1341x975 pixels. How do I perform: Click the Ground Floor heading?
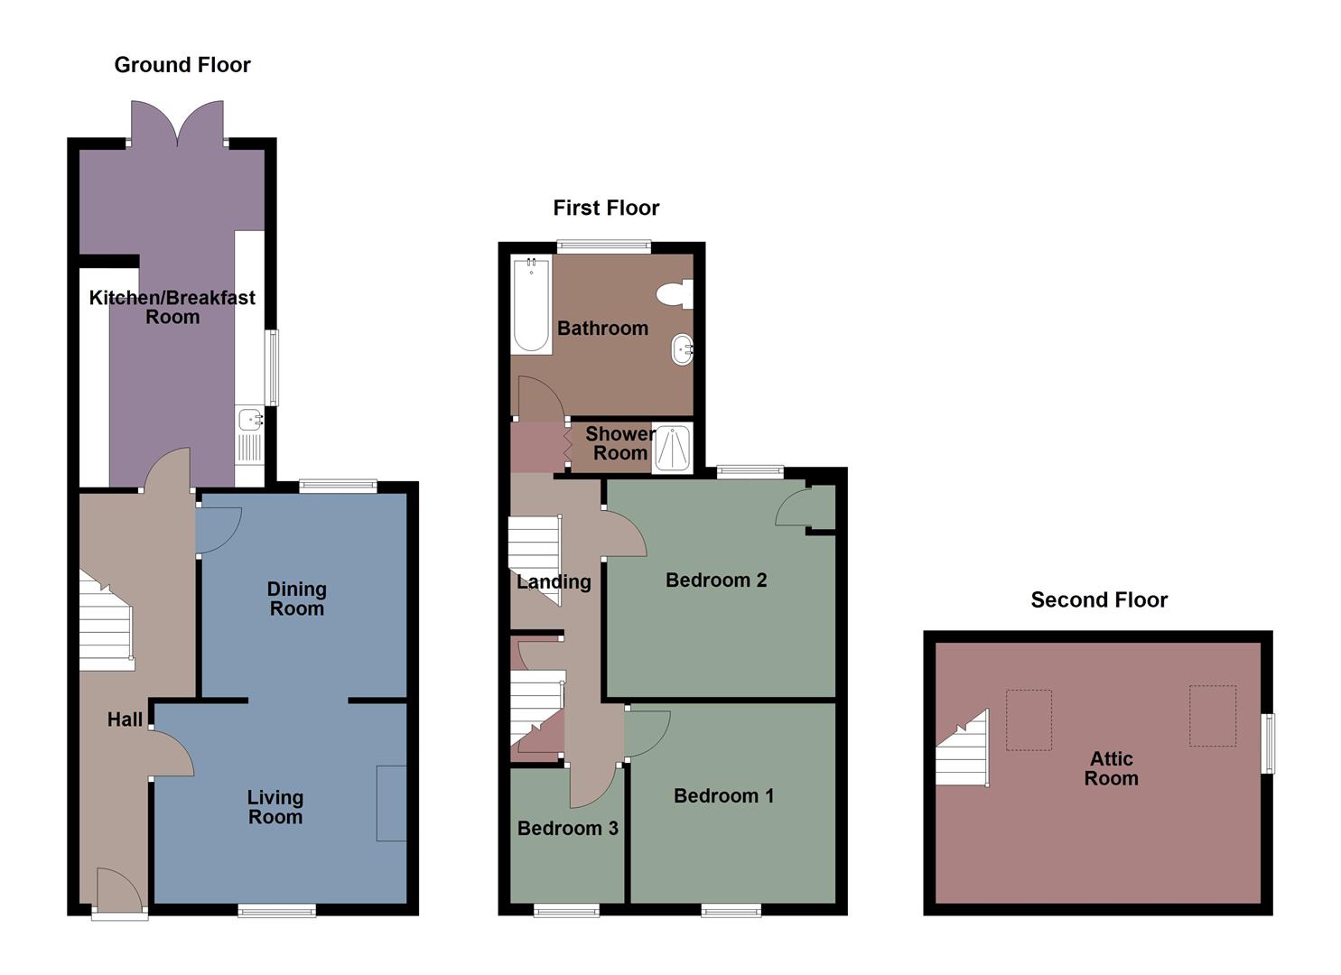pos(182,64)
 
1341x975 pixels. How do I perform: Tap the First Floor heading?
pos(606,208)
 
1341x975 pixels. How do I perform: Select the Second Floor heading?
pos(1099,599)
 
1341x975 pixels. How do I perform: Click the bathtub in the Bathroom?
pos(531,304)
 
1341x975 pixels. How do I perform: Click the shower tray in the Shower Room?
pos(671,449)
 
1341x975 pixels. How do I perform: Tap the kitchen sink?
pos(249,418)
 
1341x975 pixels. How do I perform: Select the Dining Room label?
pos(296,599)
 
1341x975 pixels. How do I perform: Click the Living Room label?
pos(275,807)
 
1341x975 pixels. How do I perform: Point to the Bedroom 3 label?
pos(567,828)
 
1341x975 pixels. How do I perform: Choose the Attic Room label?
pos(1111,768)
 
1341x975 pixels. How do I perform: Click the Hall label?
pos(125,720)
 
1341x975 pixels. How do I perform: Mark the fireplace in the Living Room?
pos(391,803)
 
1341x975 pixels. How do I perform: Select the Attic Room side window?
pos(1269,744)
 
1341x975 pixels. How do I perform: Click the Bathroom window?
pos(603,245)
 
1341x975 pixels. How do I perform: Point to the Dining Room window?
pos(338,486)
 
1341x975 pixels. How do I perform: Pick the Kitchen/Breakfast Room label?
pos(172,307)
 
